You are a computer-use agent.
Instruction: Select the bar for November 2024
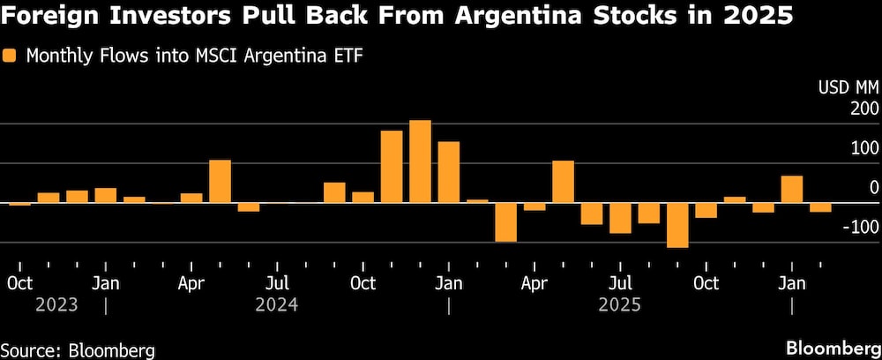392,167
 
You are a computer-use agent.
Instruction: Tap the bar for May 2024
220,181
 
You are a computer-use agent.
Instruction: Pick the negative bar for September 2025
677,225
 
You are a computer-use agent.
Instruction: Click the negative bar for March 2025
505,222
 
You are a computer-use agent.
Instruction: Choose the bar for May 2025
563,182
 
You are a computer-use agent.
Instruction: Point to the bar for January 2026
792,189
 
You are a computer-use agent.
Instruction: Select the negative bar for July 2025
620,218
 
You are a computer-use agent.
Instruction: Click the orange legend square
11,56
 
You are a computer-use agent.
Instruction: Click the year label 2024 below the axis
276,305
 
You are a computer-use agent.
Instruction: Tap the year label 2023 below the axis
57,305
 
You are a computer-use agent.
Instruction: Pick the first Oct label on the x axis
19,283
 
